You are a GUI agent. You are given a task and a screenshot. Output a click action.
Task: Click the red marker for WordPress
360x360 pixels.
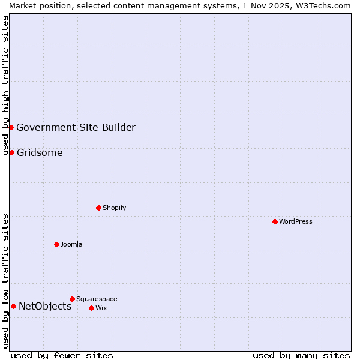tap(275, 221)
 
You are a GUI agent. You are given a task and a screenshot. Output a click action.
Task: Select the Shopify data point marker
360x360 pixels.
tap(98, 208)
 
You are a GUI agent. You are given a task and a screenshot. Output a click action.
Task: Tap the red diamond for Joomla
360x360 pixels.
tap(56, 244)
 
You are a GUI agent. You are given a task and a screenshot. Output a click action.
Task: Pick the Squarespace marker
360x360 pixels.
tap(72, 299)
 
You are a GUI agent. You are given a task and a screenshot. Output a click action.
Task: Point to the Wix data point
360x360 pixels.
tap(91, 308)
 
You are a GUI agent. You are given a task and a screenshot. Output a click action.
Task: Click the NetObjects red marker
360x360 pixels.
tap(13, 306)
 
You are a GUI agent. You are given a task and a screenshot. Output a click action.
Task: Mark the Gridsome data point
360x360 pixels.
tap(11, 152)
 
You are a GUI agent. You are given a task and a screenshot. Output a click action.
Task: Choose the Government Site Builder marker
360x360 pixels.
tap(11, 127)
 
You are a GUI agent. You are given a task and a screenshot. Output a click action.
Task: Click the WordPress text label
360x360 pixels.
tap(296, 221)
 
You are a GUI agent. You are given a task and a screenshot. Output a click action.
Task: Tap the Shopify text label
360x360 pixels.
tap(114, 208)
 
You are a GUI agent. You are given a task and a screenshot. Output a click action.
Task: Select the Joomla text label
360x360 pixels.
tap(71, 244)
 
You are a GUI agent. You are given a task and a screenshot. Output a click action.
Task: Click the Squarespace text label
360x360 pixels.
tap(97, 299)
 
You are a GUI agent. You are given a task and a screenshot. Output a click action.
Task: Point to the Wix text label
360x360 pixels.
tap(101, 308)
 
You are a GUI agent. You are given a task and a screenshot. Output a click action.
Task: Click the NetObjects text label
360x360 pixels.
tap(45, 307)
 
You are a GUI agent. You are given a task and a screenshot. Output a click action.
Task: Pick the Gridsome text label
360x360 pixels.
tap(40, 152)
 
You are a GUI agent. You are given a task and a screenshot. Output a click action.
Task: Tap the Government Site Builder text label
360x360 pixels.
tap(76, 127)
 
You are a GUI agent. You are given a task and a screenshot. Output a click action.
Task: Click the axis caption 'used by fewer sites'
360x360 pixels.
tap(62, 355)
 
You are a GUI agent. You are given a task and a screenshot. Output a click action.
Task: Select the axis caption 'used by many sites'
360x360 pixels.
tap(301, 355)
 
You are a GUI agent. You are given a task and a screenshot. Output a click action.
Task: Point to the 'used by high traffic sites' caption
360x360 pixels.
tap(5, 86)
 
